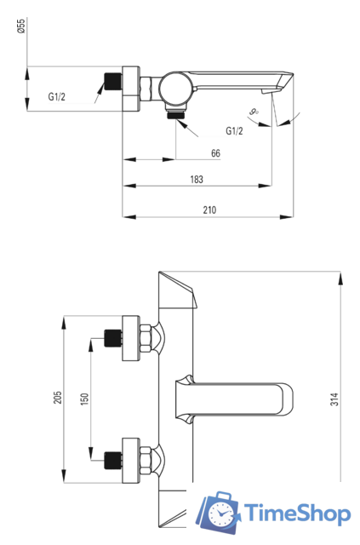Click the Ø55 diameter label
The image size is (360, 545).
(x=21, y=26)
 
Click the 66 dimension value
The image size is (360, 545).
(x=215, y=153)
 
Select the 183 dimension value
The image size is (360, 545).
(x=197, y=180)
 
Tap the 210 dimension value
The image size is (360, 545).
(x=209, y=210)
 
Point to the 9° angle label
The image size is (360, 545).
(x=254, y=112)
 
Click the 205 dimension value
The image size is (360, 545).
(x=58, y=398)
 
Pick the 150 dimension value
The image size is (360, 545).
(x=84, y=399)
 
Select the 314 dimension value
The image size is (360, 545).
(x=334, y=399)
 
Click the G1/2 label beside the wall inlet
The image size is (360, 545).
(x=57, y=96)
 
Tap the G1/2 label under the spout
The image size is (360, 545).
(x=235, y=131)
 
